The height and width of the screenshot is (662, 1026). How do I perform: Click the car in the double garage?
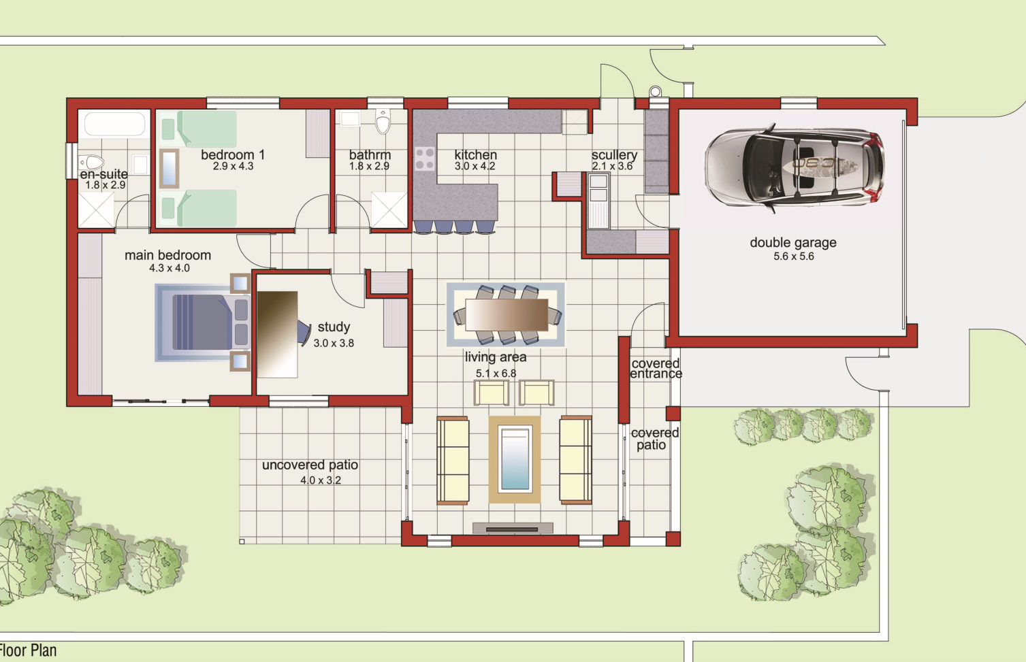click(x=795, y=167)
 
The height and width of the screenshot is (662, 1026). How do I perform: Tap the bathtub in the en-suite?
click(x=114, y=124)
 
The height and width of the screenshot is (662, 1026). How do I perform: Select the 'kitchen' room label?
click(x=475, y=154)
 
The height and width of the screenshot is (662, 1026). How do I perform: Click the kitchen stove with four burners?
click(x=425, y=159)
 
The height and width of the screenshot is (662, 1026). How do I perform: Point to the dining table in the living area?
click(x=507, y=314)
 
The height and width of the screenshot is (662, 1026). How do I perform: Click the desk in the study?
click(x=278, y=334)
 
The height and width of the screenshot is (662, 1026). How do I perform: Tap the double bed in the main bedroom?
click(x=203, y=322)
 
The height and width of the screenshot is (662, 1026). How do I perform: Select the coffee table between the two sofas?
click(x=515, y=459)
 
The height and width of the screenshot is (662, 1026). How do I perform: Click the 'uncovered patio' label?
click(x=310, y=465)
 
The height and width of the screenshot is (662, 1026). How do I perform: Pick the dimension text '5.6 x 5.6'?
click(x=794, y=256)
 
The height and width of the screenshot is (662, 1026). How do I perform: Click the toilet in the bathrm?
click(x=383, y=121)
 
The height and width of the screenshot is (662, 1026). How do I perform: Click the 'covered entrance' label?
click(x=656, y=369)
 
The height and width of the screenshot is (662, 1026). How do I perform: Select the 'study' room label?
click(x=334, y=327)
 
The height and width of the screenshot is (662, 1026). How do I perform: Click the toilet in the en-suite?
click(x=92, y=162)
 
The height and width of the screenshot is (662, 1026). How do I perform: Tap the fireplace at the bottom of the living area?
click(x=513, y=529)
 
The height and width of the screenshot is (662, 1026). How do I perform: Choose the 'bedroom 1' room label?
click(x=233, y=154)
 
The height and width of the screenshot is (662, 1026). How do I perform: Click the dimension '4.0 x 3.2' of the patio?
click(x=321, y=480)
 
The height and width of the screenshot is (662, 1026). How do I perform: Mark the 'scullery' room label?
click(x=614, y=155)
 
